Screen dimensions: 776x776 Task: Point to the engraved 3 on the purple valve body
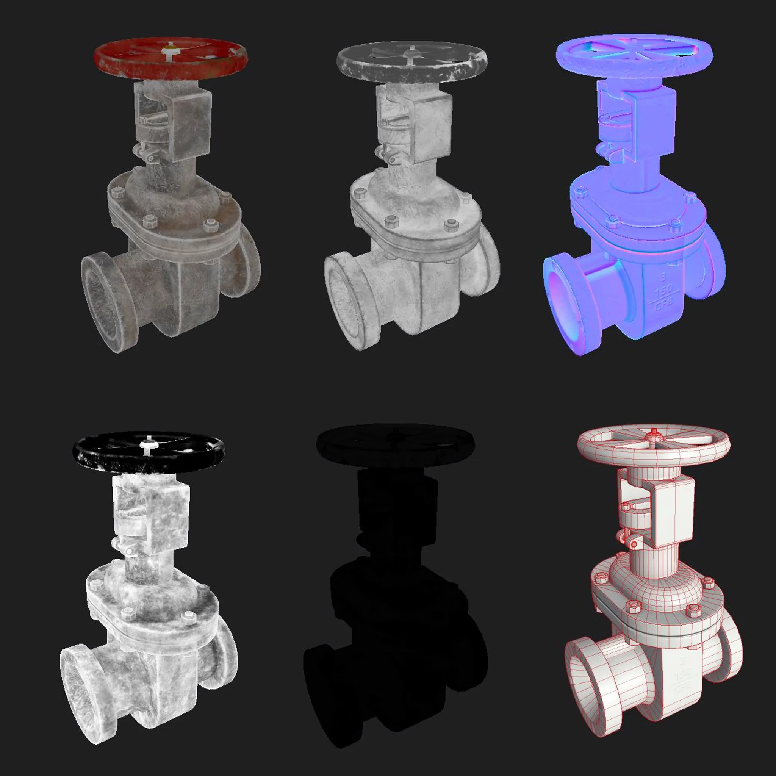663,277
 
